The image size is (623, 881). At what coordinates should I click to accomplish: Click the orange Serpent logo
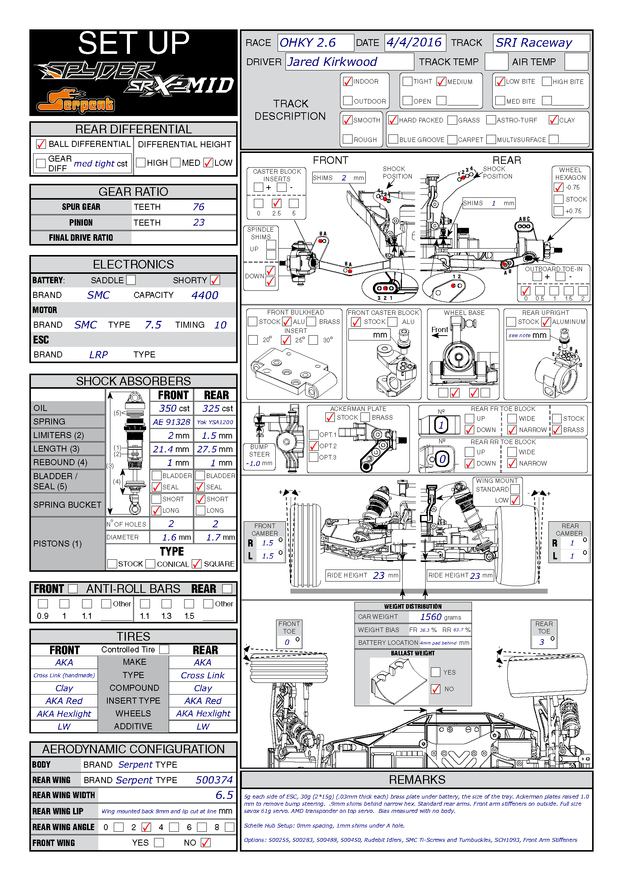point(75,101)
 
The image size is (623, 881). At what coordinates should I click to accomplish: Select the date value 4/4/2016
point(414,42)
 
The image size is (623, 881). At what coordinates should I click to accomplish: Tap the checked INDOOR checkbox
point(348,81)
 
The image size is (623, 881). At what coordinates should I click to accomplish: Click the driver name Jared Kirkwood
point(332,62)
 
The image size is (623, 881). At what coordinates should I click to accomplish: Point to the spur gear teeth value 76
point(199,207)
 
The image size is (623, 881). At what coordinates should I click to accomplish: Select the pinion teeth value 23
point(199,223)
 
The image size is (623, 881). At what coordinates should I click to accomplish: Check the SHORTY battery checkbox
point(215,280)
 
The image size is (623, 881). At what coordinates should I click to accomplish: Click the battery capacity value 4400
point(205,295)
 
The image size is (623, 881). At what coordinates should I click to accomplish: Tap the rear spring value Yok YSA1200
point(215,422)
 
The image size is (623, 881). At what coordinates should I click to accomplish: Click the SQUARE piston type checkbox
point(196,564)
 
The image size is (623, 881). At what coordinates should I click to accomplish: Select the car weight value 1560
point(431,617)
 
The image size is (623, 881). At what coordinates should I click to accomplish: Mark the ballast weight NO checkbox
point(435,689)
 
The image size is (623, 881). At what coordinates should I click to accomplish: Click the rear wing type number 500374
point(214,780)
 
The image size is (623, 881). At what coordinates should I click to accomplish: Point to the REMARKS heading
point(417,779)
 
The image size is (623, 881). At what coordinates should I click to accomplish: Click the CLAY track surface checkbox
point(553,120)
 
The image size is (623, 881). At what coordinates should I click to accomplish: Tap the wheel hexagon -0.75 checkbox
point(559,187)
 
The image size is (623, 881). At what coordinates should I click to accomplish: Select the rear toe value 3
point(542,642)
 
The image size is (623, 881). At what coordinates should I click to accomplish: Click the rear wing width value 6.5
point(224,795)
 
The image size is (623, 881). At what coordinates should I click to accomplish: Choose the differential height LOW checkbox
point(208,163)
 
